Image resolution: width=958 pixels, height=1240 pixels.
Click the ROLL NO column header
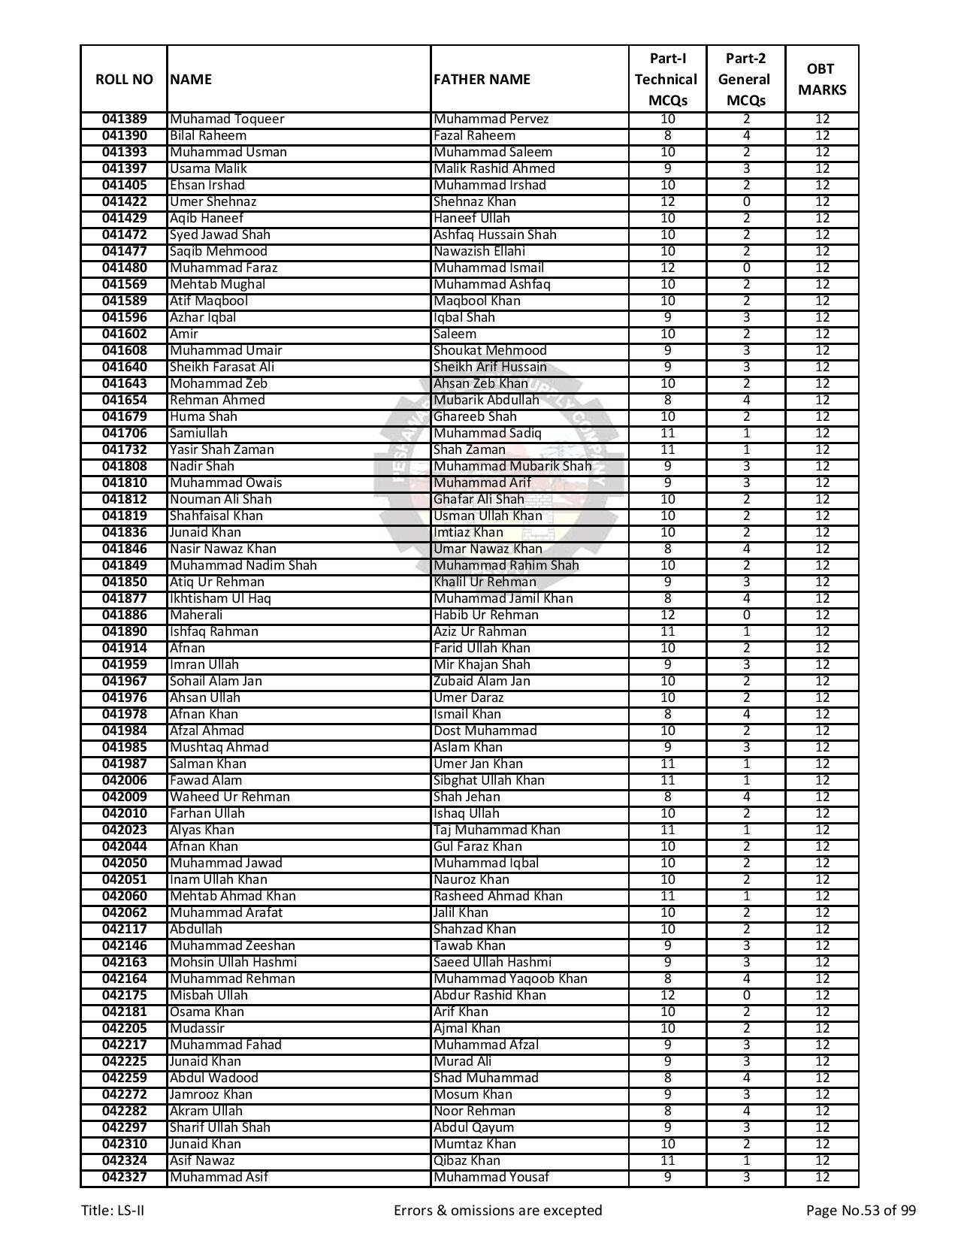pos(124,80)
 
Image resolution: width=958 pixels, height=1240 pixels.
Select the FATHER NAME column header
pos(482,80)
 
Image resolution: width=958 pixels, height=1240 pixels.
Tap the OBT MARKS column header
pos(821,80)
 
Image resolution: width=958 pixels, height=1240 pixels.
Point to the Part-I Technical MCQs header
pos(666,80)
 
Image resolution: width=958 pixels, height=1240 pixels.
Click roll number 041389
pos(124,119)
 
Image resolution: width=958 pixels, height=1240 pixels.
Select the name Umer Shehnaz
pos(213,202)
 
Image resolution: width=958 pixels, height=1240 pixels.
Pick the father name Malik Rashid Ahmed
pos(494,169)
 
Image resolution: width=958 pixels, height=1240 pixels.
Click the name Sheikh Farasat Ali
pos(222,367)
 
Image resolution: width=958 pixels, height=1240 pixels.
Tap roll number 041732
pos(124,450)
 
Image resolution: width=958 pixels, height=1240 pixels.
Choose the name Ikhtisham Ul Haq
pos(220,599)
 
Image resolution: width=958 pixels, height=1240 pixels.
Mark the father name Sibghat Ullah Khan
pos(488,781)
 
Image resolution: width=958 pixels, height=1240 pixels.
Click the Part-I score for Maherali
pos(667,615)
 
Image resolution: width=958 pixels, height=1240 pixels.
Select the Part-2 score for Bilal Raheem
pos(746,136)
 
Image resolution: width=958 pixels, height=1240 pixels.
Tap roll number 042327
pos(124,1178)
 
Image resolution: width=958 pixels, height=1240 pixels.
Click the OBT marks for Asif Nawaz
pos(822,1161)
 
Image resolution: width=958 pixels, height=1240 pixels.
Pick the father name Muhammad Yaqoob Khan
pos(510,979)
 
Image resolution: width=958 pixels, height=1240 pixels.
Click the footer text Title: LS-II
pos(107,1211)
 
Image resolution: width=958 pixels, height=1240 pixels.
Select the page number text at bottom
pos(860,1211)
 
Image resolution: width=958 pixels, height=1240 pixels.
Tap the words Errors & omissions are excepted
pos(497,1211)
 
